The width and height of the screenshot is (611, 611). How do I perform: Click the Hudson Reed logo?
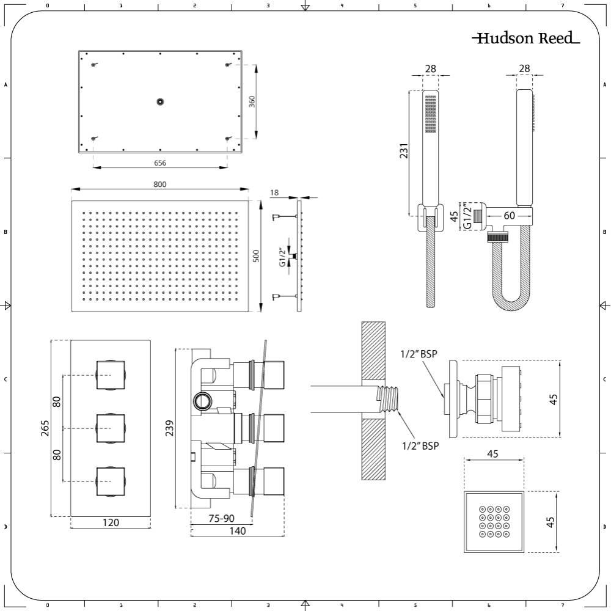click(x=525, y=38)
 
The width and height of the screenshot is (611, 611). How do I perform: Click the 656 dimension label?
click(x=159, y=163)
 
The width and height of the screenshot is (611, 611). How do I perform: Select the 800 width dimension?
click(x=159, y=185)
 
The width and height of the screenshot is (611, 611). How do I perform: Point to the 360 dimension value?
click(x=252, y=101)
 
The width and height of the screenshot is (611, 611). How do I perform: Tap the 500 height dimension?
click(x=256, y=255)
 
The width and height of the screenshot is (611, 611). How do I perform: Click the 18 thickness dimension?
click(x=274, y=192)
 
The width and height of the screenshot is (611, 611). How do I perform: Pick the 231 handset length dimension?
click(x=404, y=151)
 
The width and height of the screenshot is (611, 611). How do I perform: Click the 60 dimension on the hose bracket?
click(x=510, y=216)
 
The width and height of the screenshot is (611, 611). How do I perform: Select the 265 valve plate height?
click(x=45, y=428)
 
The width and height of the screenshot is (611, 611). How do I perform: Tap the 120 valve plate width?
click(x=111, y=522)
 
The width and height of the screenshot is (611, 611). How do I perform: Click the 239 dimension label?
click(x=169, y=428)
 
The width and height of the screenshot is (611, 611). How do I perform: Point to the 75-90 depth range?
click(x=221, y=518)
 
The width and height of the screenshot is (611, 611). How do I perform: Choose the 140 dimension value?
click(x=238, y=531)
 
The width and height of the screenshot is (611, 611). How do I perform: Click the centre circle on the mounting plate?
click(x=160, y=101)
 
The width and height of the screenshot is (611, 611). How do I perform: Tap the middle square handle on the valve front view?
click(x=111, y=429)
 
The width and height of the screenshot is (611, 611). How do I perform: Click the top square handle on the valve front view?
click(x=111, y=375)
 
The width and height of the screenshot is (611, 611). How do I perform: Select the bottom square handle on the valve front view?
click(x=111, y=482)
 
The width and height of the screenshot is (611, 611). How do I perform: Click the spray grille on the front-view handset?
click(x=431, y=114)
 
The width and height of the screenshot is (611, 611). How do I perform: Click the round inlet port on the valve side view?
click(x=203, y=400)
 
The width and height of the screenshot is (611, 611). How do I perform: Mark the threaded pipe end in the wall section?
click(x=387, y=399)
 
